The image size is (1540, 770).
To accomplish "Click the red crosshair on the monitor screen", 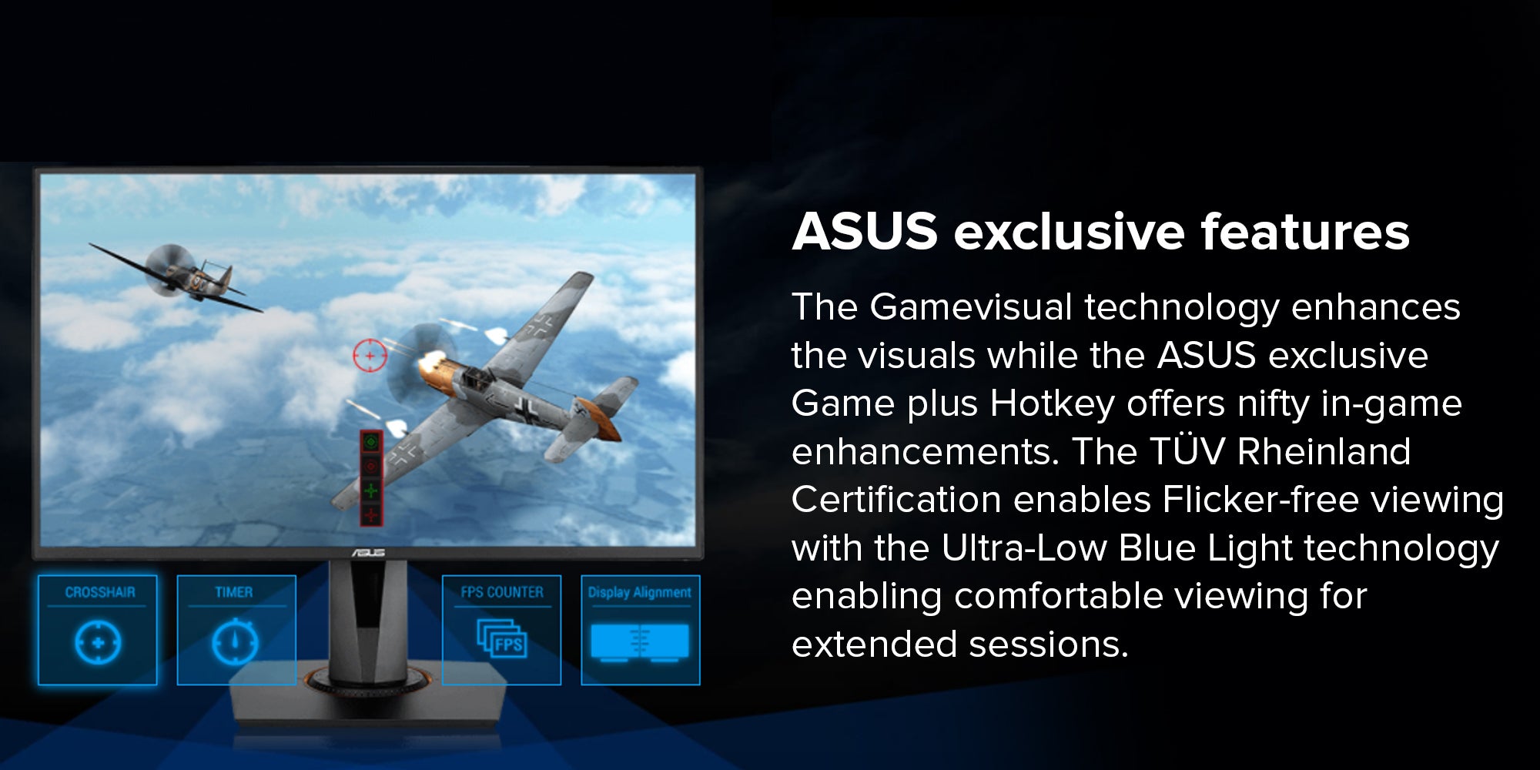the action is [370, 356].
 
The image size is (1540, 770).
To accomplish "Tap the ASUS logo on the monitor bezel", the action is [368, 553].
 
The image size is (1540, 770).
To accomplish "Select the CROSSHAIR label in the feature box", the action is [100, 592].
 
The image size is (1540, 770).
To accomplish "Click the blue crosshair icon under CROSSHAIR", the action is [98, 642].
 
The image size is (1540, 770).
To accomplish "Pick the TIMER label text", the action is [234, 592].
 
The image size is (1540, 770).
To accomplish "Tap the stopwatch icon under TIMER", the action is [235, 641].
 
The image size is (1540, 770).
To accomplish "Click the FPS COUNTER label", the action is [502, 592].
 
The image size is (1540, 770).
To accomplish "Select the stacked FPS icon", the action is [502, 638].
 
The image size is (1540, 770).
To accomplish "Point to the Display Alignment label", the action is [640, 592].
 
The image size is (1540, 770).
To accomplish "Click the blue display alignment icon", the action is [640, 642].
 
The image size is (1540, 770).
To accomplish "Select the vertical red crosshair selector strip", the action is [371, 478].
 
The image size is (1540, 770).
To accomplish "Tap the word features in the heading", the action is [1305, 231].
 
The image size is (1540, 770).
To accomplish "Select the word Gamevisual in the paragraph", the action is [971, 306].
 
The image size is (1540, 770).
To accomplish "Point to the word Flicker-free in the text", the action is [1260, 499].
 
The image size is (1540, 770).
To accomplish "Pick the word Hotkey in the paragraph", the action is [1052, 403].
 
